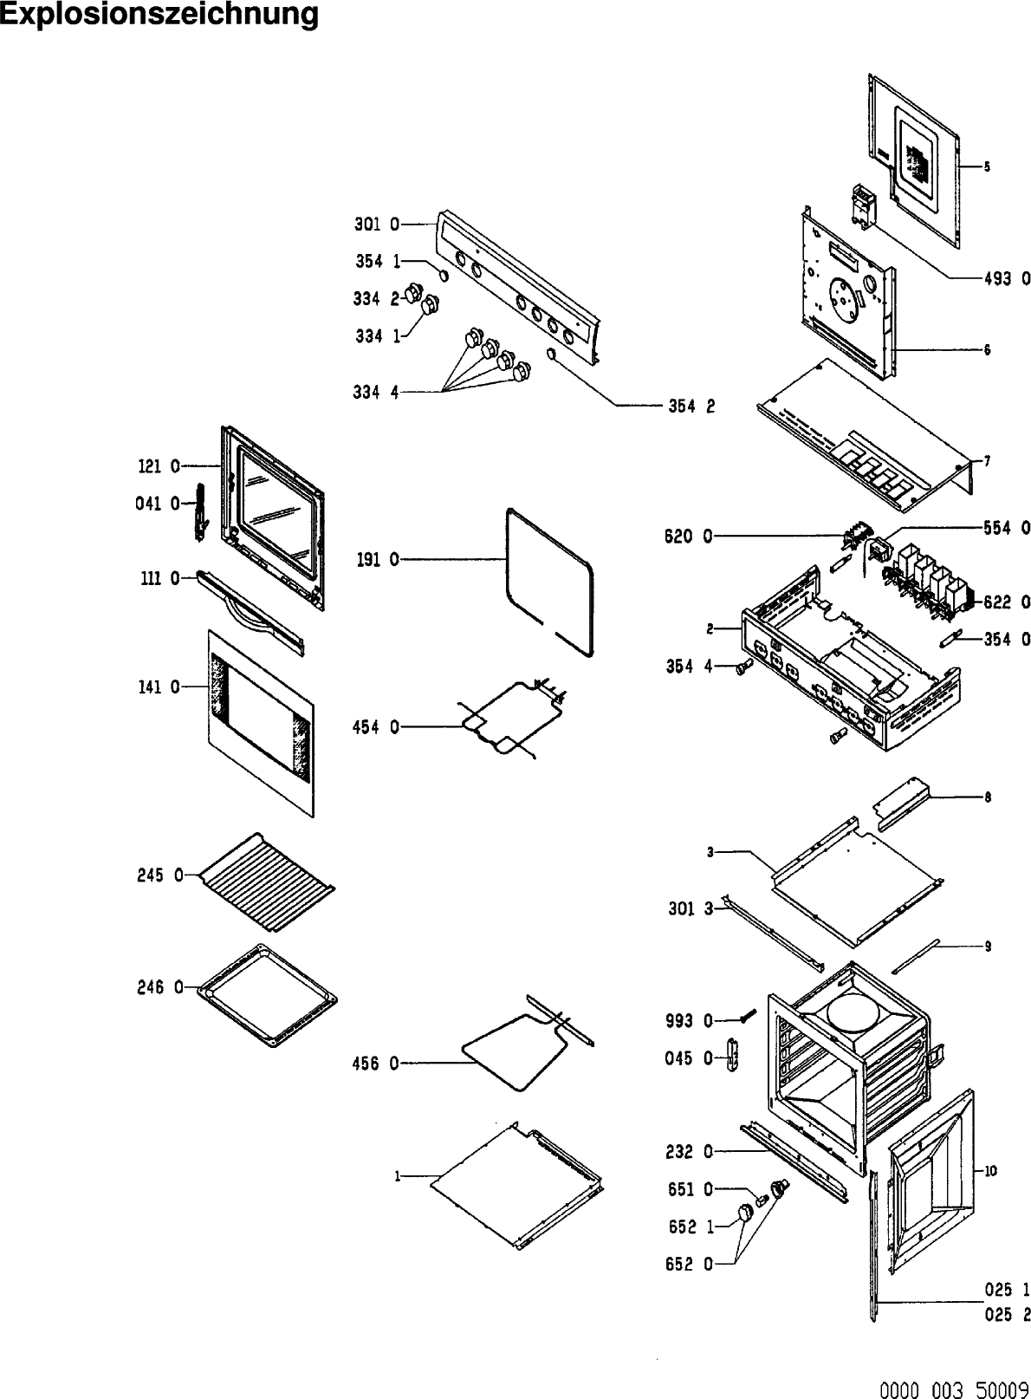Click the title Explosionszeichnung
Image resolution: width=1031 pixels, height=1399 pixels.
click(159, 15)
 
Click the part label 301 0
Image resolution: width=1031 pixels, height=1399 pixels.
click(377, 224)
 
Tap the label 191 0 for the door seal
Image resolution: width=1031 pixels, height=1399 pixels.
click(378, 560)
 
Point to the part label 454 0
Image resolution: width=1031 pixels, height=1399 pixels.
click(376, 727)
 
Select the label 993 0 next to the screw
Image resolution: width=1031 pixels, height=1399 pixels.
click(691, 1022)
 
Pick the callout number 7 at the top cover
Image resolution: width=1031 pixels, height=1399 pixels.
click(986, 461)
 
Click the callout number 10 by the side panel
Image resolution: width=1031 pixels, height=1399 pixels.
click(990, 1169)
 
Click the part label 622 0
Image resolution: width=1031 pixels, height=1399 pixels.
click(1007, 602)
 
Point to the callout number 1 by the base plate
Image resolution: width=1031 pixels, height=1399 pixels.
click(397, 1176)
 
